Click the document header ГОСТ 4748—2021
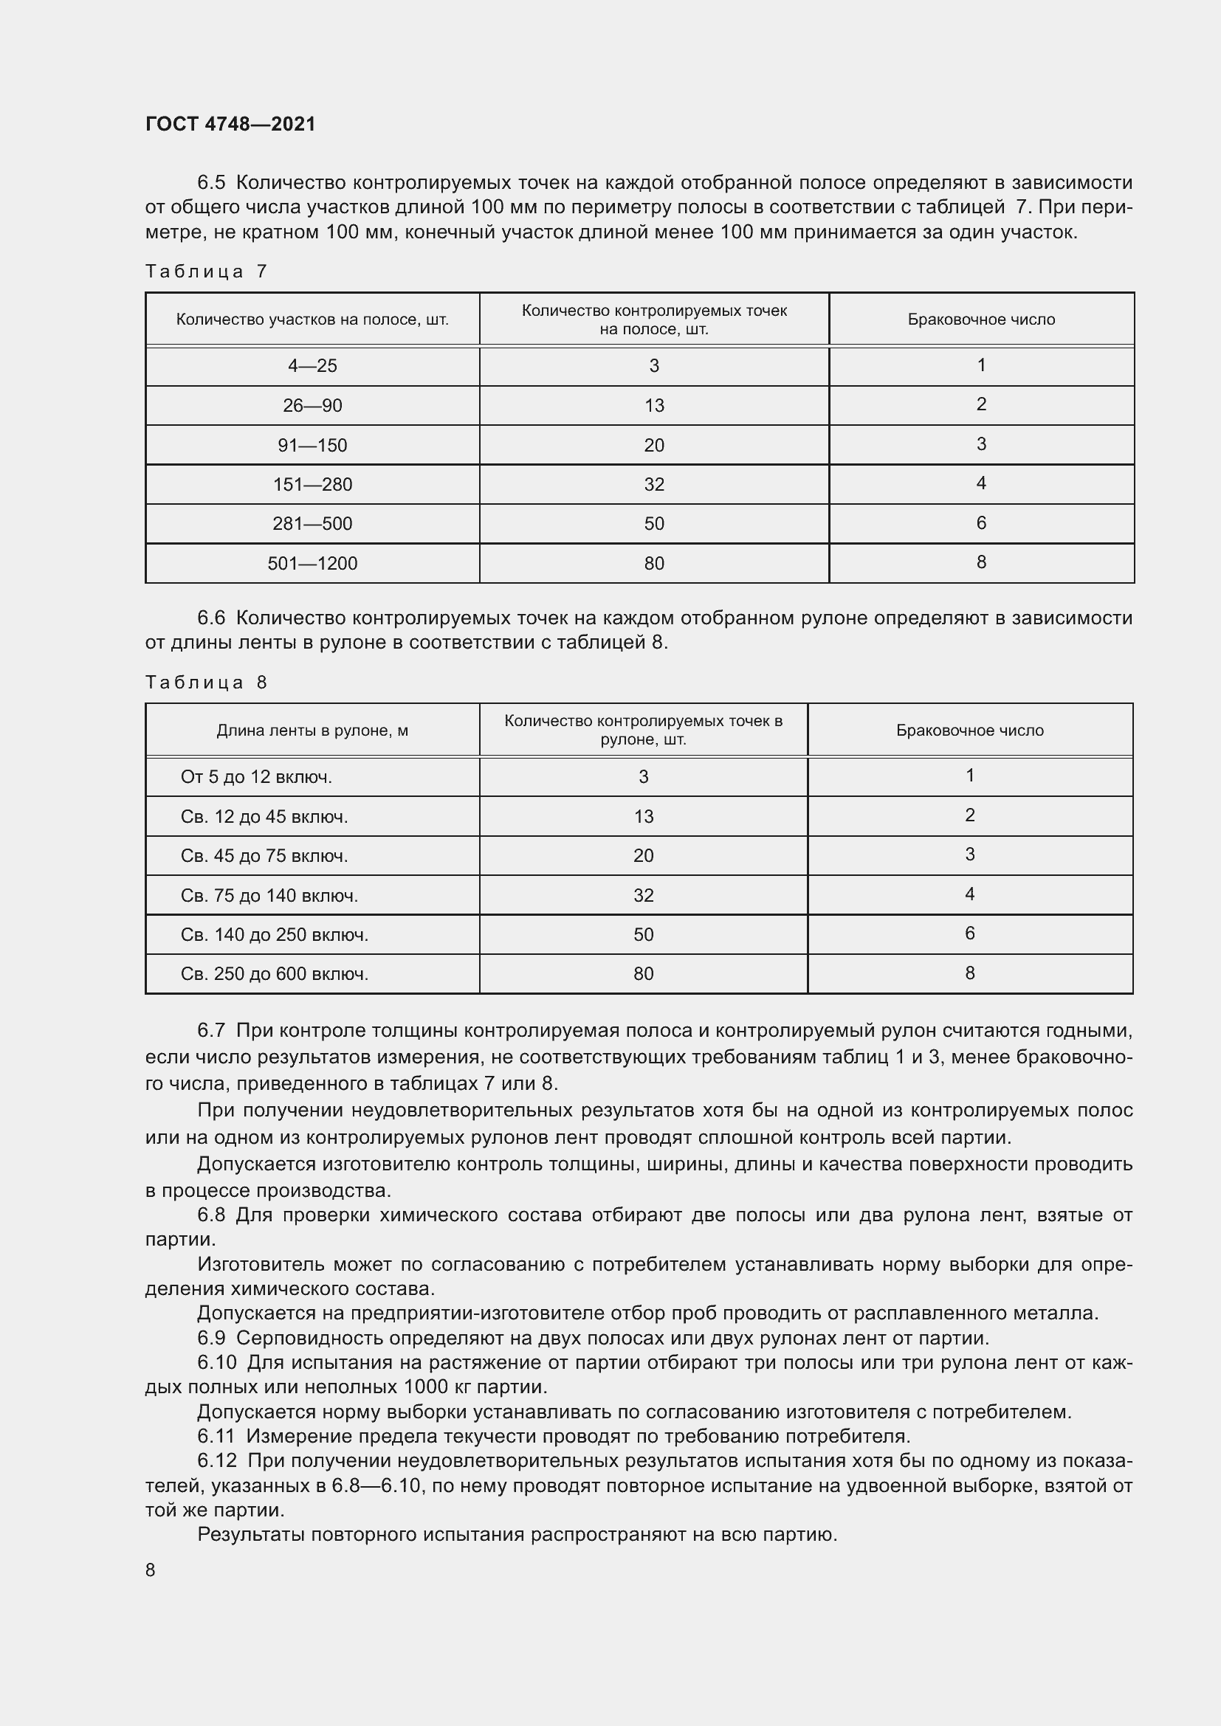(x=230, y=124)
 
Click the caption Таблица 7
(x=206, y=272)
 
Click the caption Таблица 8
(x=206, y=683)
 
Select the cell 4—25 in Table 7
(x=312, y=366)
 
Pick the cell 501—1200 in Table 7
(x=312, y=563)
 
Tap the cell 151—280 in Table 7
(x=312, y=484)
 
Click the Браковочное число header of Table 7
(x=980, y=320)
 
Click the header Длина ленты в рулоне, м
(x=312, y=731)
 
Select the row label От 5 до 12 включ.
(x=256, y=776)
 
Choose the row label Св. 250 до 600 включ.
(x=275, y=974)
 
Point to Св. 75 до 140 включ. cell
(x=269, y=895)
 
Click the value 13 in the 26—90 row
(x=653, y=406)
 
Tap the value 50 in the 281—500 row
(x=653, y=524)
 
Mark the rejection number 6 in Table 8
(x=969, y=933)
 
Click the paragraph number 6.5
(x=211, y=183)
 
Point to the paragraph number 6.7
(x=211, y=1031)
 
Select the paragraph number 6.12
(x=216, y=1460)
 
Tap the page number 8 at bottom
(x=151, y=1570)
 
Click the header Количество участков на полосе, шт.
(x=312, y=320)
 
